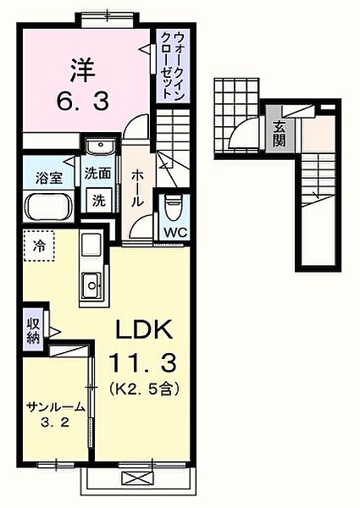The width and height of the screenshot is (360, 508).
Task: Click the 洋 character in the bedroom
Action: tap(83, 69)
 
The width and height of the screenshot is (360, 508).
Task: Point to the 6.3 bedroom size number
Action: tap(83, 100)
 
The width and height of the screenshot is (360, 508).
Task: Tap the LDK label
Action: tap(144, 329)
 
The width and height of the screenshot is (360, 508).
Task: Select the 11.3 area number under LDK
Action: tap(143, 362)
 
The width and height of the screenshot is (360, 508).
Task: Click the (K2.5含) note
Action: tap(144, 388)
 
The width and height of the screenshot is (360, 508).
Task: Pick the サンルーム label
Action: tap(55, 406)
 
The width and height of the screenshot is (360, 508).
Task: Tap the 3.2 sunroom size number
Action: tap(55, 422)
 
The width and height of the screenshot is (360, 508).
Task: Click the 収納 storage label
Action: tap(33, 331)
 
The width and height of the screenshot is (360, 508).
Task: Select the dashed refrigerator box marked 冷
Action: tap(40, 246)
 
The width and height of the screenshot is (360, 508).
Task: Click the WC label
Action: tap(175, 232)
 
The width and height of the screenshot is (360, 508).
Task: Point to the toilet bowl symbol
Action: tap(174, 207)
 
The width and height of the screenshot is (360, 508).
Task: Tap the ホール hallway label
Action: tap(137, 189)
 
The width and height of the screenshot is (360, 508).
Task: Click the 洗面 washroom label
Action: tap(97, 174)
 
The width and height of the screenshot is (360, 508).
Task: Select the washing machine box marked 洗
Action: tap(98, 201)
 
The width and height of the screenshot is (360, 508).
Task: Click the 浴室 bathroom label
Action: tap(48, 178)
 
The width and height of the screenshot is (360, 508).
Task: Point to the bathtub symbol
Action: tap(48, 207)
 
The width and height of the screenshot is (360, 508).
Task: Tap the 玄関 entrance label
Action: tap(279, 134)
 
